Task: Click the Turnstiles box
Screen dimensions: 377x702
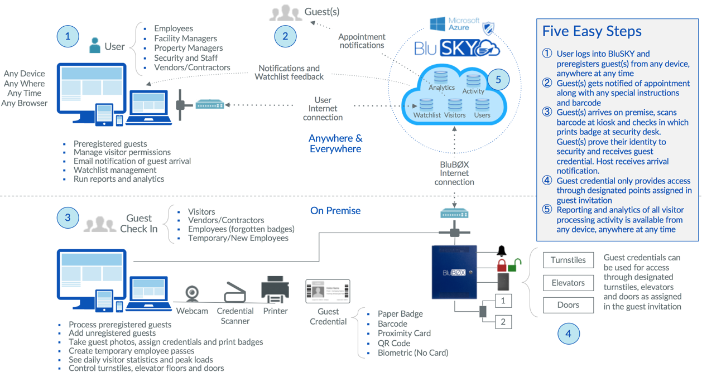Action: [x=568, y=260]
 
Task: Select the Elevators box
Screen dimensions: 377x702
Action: [x=568, y=283]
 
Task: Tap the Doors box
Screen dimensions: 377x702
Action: [x=568, y=305]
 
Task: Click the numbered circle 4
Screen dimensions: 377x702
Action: [x=569, y=333]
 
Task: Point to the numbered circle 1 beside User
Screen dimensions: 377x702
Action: [x=68, y=37]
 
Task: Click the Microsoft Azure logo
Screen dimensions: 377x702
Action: [x=455, y=24]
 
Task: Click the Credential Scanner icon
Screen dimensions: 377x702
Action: [x=235, y=292]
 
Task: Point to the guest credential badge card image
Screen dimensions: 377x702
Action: [x=328, y=291]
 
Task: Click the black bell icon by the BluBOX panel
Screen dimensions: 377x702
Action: [x=502, y=251]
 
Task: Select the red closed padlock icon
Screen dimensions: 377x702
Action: [x=502, y=264]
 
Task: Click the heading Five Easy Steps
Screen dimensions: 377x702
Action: [x=592, y=31]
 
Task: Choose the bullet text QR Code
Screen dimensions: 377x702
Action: [x=394, y=343]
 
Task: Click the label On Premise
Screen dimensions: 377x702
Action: [x=335, y=211]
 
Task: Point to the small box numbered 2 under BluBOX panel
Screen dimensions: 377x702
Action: [x=503, y=322]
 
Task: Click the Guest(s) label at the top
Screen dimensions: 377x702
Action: [x=322, y=12]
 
